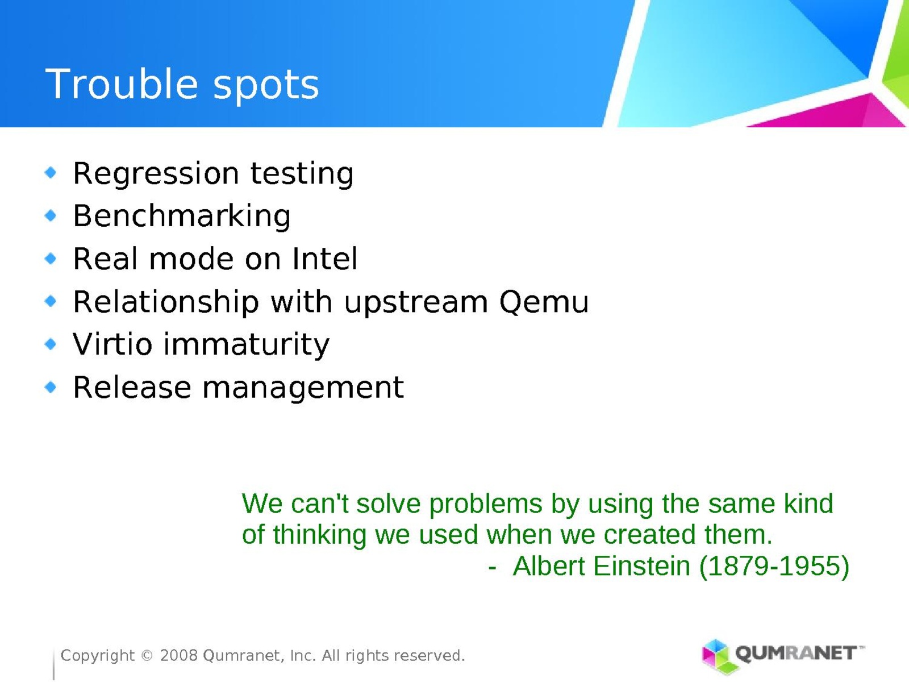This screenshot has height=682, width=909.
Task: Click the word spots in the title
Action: (x=266, y=86)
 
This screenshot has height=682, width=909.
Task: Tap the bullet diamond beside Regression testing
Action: (x=51, y=172)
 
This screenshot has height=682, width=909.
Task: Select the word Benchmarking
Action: (x=182, y=216)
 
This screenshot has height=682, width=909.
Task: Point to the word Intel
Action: (x=324, y=259)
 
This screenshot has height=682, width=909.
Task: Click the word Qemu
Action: (x=544, y=302)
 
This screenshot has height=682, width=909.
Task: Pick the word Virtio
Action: (x=112, y=344)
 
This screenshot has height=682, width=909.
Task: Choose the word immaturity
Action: (x=247, y=345)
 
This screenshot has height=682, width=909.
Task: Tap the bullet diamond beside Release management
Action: (x=51, y=387)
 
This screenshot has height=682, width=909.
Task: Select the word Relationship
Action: (x=166, y=302)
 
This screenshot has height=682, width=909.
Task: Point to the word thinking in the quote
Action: (x=319, y=535)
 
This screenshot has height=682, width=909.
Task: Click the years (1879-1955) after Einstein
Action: (x=774, y=567)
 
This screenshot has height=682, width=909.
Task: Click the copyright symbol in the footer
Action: (x=147, y=655)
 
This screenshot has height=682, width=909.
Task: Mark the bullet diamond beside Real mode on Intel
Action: (x=51, y=259)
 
